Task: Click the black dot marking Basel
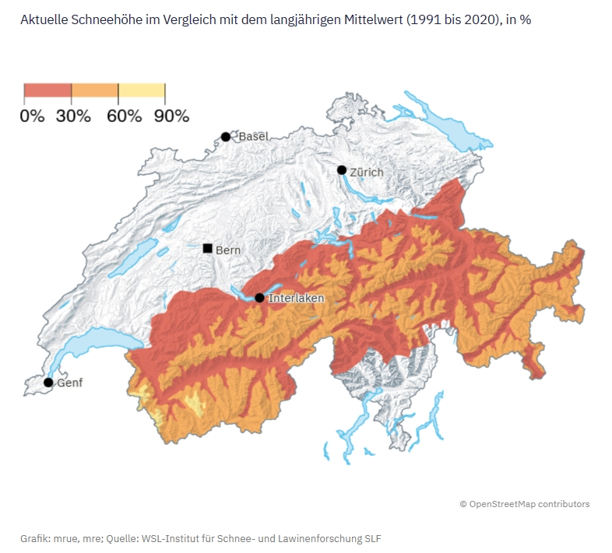click(x=226, y=137)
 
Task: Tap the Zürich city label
click(x=367, y=171)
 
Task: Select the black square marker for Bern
click(x=208, y=249)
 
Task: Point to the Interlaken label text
click(x=296, y=298)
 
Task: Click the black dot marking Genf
click(x=48, y=382)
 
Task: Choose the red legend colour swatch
click(x=47, y=90)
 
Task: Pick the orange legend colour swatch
click(x=94, y=90)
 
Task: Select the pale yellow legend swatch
click(x=141, y=90)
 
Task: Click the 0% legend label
click(x=32, y=117)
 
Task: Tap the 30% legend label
click(x=73, y=117)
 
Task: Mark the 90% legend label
click(x=171, y=117)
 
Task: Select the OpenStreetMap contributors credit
click(x=524, y=504)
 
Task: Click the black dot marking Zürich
click(x=341, y=170)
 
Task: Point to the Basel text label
click(x=253, y=136)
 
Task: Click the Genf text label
click(x=70, y=383)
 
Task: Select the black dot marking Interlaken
click(x=259, y=298)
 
